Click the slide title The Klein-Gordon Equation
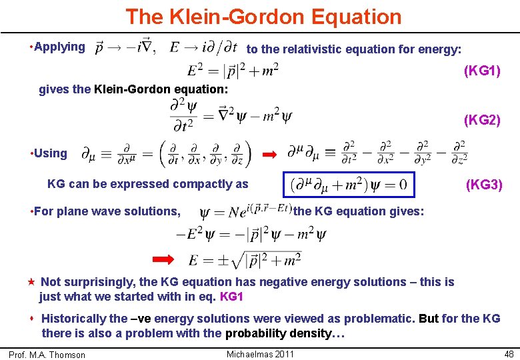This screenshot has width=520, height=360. point(263,16)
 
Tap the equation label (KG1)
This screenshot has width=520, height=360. point(482,70)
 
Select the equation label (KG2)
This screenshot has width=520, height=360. point(482,121)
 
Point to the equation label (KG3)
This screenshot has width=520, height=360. point(484,184)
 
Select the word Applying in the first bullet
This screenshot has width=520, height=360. point(59,47)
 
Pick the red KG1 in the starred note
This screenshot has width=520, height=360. point(231,296)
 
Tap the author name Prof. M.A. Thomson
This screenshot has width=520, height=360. point(47,355)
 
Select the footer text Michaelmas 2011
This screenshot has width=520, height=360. point(260,353)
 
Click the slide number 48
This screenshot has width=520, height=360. point(509,353)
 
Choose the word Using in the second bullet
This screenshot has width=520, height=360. point(51,153)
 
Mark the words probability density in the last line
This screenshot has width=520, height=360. point(277,333)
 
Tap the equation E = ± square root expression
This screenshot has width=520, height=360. point(245,259)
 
